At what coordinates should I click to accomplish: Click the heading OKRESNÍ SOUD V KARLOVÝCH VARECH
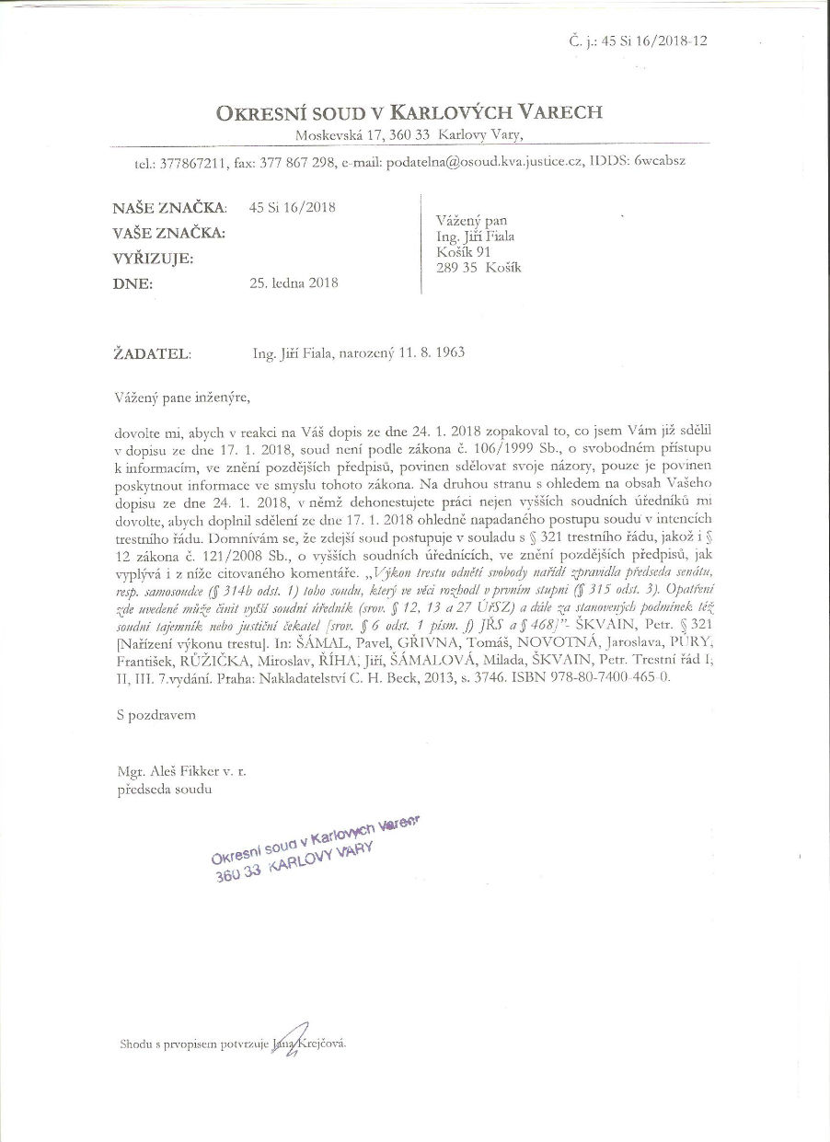[x=409, y=113]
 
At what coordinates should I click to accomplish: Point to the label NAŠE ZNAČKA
[x=169, y=208]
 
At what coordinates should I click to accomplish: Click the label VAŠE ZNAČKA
[x=169, y=233]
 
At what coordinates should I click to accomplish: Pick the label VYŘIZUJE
[x=153, y=259]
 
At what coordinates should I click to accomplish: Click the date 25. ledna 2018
[x=294, y=283]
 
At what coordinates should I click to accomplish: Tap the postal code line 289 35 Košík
[x=478, y=268]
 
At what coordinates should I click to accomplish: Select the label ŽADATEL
[x=153, y=352]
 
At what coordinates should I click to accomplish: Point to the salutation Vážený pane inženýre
[x=182, y=398]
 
